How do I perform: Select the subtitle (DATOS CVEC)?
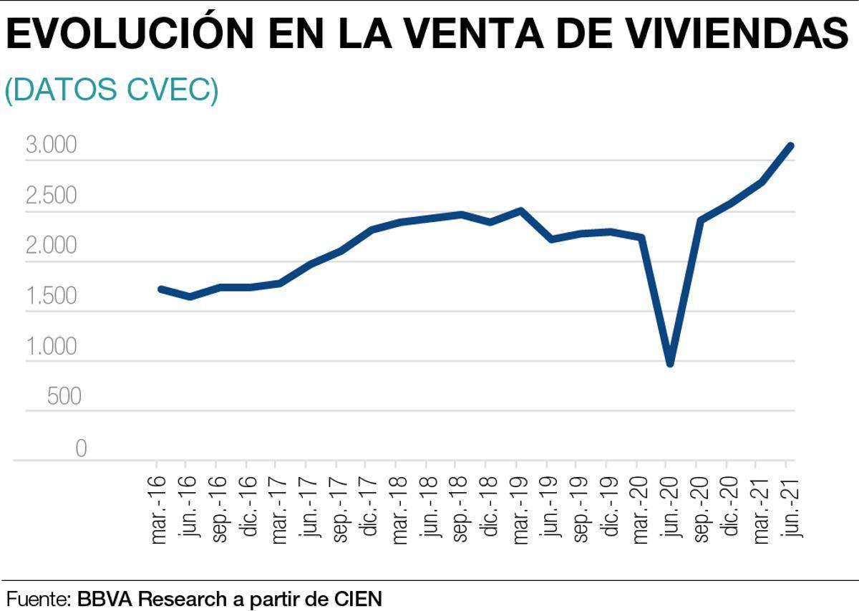click(x=112, y=91)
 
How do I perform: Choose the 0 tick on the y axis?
click(x=80, y=448)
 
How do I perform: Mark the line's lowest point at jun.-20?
click(x=670, y=363)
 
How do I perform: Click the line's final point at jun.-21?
click(x=790, y=146)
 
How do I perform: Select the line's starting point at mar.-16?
click(x=160, y=289)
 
